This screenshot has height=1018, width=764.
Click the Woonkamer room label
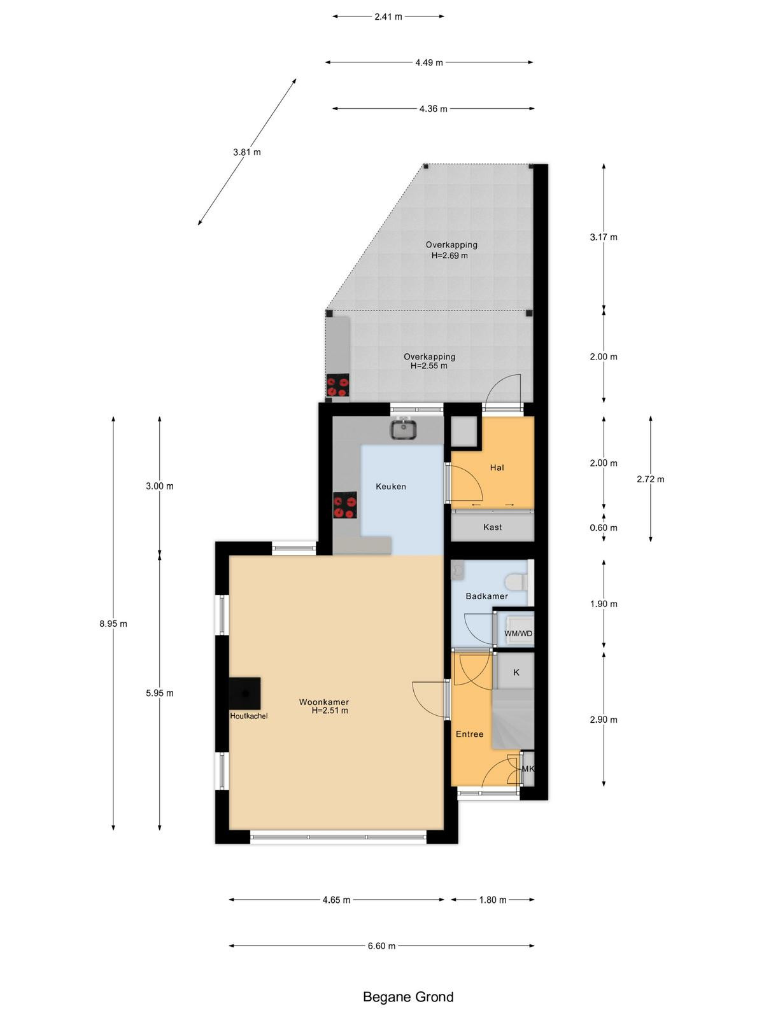click(x=324, y=702)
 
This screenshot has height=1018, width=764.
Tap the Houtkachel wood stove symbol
click(x=244, y=693)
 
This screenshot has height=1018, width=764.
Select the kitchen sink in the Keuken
click(x=404, y=428)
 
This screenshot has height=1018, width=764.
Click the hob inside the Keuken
click(x=344, y=505)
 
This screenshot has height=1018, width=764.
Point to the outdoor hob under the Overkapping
click(x=337, y=386)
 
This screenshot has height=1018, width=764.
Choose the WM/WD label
click(x=519, y=633)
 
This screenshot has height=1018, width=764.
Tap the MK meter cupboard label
click(x=528, y=769)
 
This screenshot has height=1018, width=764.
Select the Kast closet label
click(x=492, y=527)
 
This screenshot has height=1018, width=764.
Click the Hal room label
click(x=497, y=468)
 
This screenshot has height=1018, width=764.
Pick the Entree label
click(x=469, y=734)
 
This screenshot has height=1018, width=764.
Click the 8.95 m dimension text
click(x=113, y=624)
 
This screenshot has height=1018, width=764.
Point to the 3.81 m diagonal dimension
click(x=247, y=152)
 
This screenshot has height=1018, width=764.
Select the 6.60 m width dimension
click(x=382, y=945)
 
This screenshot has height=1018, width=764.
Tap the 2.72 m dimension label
click(x=650, y=479)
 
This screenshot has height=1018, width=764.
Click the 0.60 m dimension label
click(x=604, y=528)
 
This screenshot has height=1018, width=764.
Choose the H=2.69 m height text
click(x=449, y=256)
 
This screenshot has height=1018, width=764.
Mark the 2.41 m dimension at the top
click(x=388, y=17)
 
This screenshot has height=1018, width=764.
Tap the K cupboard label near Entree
click(x=516, y=673)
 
